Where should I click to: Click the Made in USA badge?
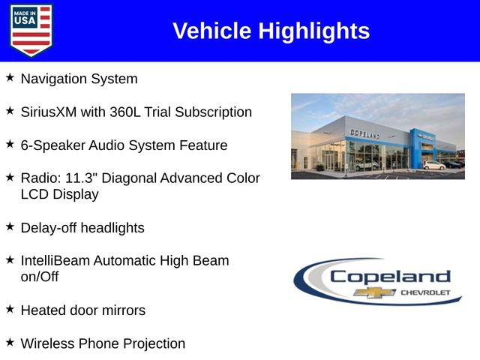click(31, 30)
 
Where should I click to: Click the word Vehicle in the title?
click(212, 31)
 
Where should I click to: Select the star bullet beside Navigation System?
click(10, 77)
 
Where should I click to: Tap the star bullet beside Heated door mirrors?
click(10, 308)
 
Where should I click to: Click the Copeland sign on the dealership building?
click(364, 133)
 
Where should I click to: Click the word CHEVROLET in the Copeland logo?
click(426, 292)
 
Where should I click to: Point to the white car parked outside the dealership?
click(433, 164)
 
